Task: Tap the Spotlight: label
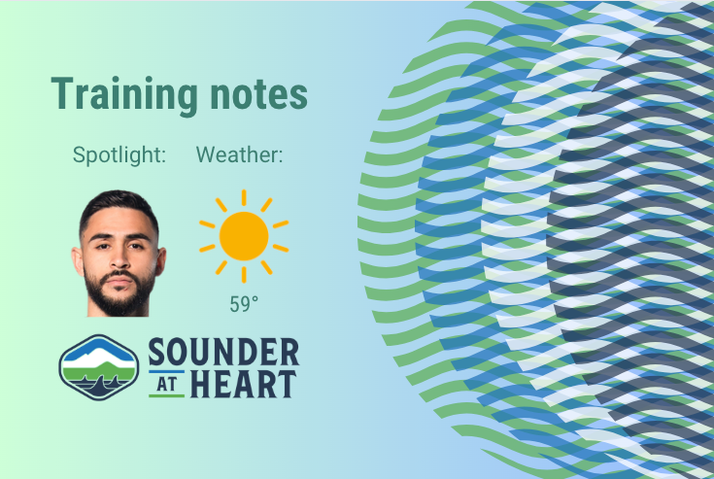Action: coord(119,154)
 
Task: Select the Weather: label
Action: coord(239,154)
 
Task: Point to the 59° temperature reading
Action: coord(244,304)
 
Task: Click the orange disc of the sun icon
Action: coord(243,235)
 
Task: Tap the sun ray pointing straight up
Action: coord(243,197)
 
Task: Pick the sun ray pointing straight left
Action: coord(206,235)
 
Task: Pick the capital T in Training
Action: coord(61,93)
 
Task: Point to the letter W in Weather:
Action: coord(206,154)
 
